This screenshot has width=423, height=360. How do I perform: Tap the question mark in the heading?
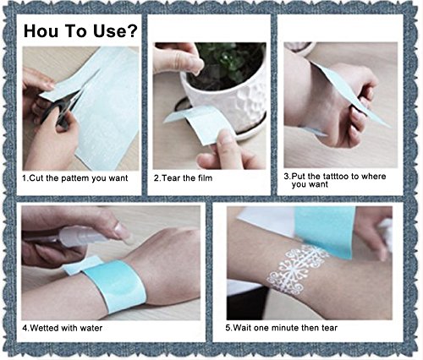click(x=132, y=30)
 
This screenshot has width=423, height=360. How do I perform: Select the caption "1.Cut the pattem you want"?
click(x=75, y=178)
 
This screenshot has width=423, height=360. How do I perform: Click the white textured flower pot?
click(x=230, y=103)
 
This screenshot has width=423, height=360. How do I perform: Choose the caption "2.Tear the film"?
click(x=183, y=178)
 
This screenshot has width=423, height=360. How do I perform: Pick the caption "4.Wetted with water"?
click(x=63, y=328)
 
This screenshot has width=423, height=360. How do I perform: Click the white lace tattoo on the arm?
click(x=296, y=268)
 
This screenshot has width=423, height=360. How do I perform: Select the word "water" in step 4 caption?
click(x=91, y=328)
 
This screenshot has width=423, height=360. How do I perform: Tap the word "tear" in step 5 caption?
click(x=329, y=328)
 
